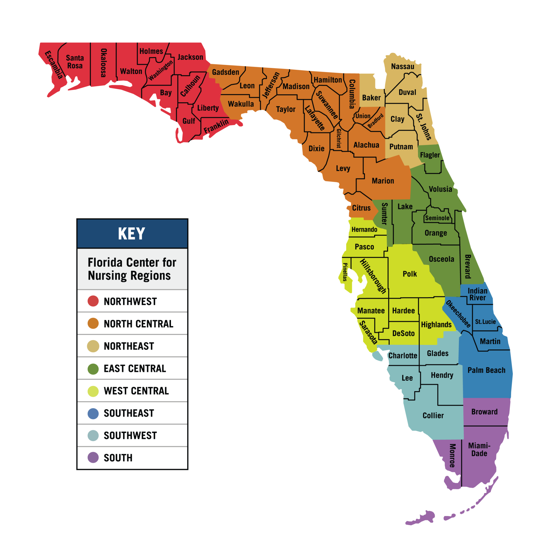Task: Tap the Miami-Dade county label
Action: click(479, 449)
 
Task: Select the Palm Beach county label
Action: click(486, 370)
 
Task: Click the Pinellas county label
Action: click(345, 272)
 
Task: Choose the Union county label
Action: click(363, 116)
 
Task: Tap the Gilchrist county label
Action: click(339, 139)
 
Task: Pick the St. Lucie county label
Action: click(485, 322)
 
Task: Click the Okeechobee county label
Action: click(458, 314)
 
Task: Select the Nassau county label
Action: click(403, 66)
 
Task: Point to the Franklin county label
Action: click(216, 126)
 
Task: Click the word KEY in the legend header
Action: click(132, 234)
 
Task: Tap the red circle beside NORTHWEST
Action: click(93, 301)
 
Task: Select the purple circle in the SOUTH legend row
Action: click(93, 458)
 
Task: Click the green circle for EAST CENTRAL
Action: click(93, 369)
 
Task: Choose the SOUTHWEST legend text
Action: click(130, 435)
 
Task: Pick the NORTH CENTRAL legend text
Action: click(138, 324)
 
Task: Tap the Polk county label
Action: click(410, 274)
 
